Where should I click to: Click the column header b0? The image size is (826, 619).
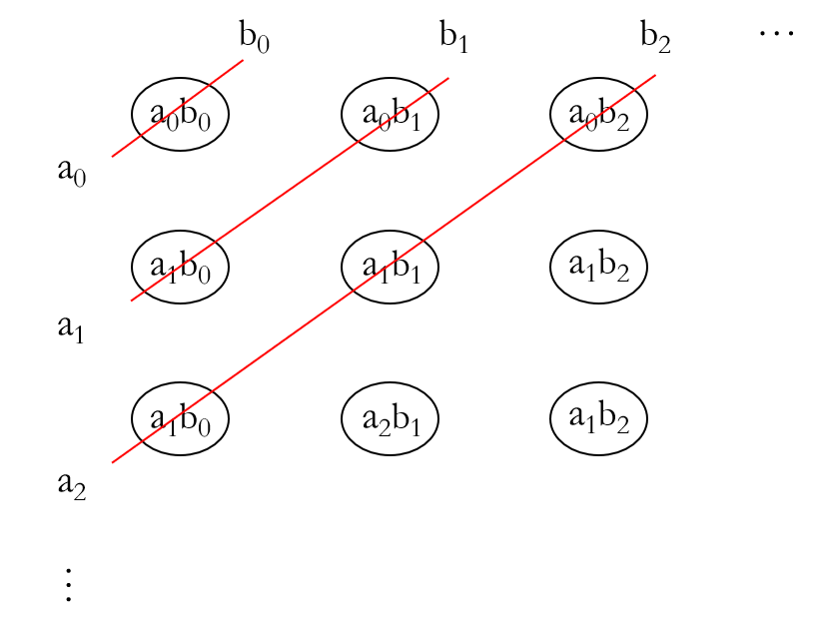tap(254, 37)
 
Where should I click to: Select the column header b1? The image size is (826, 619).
tap(454, 37)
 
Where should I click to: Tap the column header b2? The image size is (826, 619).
tap(655, 37)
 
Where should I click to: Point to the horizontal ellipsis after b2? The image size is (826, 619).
tap(775, 33)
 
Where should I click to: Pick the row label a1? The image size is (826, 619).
tap(71, 326)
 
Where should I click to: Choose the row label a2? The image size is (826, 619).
tap(71, 485)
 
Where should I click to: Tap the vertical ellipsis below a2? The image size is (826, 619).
tap(68, 584)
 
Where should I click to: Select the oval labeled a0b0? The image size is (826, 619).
tap(181, 115)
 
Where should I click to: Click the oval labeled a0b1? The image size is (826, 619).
tap(390, 115)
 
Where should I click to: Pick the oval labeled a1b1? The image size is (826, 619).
tap(390, 268)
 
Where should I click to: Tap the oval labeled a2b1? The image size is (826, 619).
tap(390, 419)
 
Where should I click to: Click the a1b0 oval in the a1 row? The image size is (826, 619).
tap(181, 268)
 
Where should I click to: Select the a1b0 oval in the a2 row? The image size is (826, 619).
tap(181, 419)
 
